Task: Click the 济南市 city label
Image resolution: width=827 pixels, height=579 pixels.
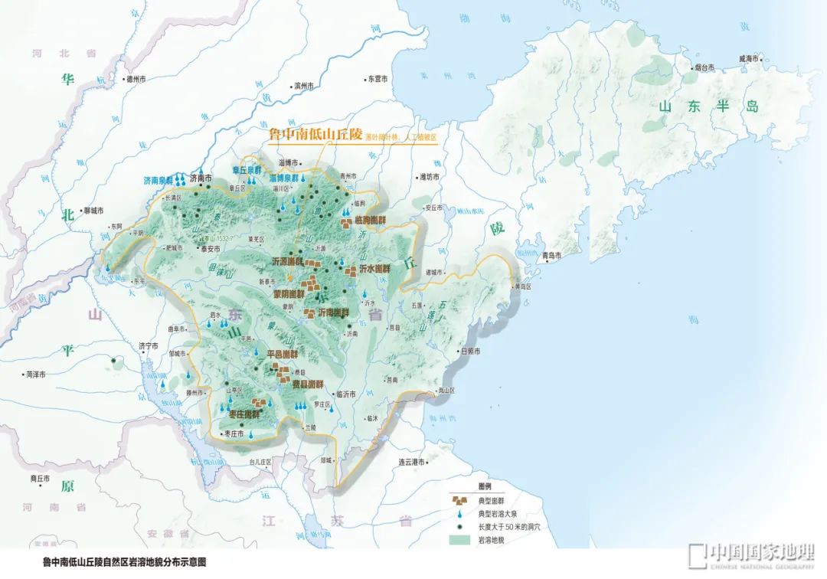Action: [x=201, y=178]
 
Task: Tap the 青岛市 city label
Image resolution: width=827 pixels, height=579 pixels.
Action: [x=551, y=255]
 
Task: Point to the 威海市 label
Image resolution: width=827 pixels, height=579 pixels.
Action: [x=748, y=58]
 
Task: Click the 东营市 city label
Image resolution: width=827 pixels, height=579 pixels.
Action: [x=378, y=78]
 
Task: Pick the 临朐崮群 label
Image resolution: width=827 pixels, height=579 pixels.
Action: [x=371, y=219]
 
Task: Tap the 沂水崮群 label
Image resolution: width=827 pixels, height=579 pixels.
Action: [x=375, y=270]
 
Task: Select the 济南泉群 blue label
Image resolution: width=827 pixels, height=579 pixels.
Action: [x=158, y=181]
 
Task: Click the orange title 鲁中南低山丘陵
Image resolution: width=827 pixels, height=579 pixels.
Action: [x=314, y=134]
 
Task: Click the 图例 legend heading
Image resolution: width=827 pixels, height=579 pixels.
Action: [x=484, y=487]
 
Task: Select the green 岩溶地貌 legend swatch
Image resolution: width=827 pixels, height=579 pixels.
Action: [x=459, y=539]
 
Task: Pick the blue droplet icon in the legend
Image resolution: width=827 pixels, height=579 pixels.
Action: [x=459, y=513]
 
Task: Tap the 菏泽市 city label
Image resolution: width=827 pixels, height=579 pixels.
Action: [x=35, y=375]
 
